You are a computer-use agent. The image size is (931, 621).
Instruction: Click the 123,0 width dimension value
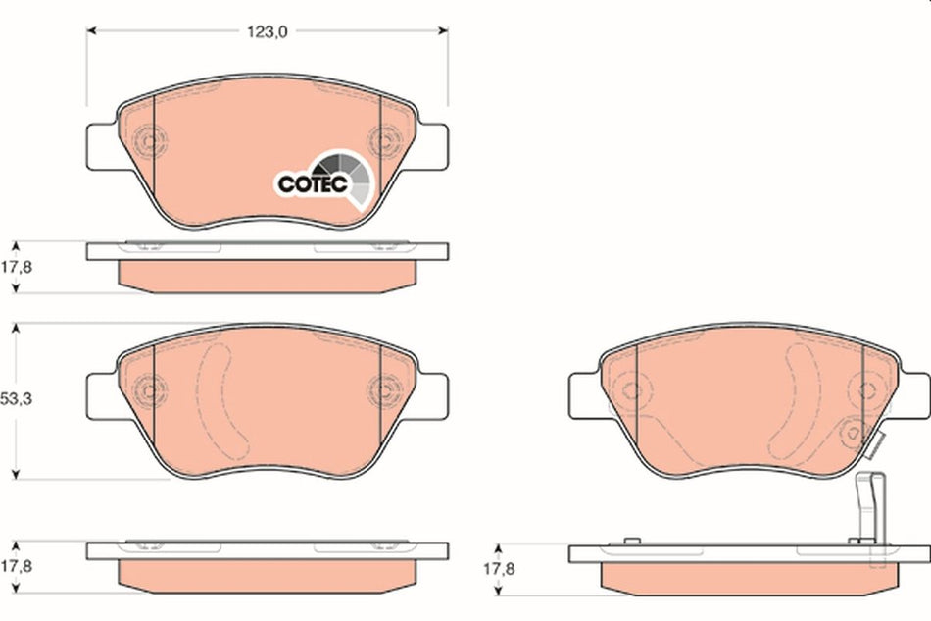point(267,31)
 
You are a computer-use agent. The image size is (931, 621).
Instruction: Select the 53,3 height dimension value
point(18,400)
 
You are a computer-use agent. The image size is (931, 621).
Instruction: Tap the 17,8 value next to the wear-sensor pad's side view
point(504,568)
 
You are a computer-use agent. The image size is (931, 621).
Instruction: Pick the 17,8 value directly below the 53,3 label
point(18,566)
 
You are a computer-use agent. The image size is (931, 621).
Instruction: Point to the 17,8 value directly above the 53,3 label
point(18,266)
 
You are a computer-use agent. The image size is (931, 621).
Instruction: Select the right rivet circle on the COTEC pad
point(383,140)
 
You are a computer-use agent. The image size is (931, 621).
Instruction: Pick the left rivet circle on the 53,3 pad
point(149,390)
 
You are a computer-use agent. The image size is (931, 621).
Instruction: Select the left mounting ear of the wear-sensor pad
point(584,394)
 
